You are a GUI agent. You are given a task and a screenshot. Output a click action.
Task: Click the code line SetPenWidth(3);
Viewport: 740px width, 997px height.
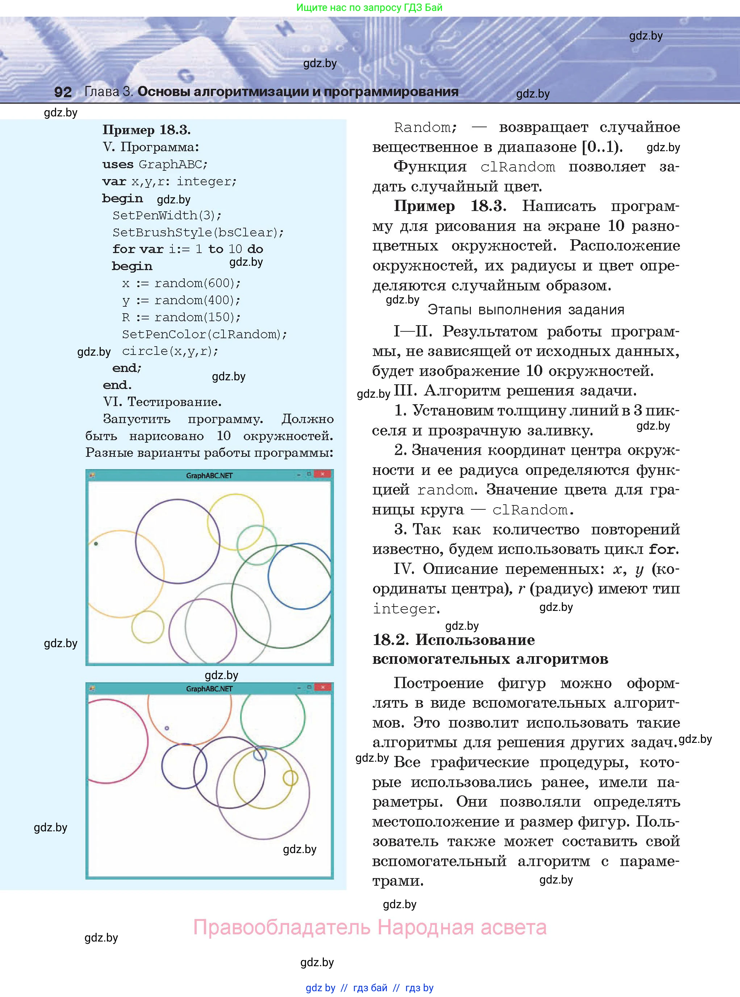[167, 216]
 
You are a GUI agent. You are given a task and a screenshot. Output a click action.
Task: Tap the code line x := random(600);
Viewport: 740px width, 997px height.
[181, 283]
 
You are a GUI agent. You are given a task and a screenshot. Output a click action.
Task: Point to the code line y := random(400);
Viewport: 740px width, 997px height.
[181, 300]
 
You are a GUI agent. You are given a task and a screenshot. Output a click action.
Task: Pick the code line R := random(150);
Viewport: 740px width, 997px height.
[181, 317]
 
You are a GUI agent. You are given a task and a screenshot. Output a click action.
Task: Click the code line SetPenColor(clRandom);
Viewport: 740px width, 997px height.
[204, 334]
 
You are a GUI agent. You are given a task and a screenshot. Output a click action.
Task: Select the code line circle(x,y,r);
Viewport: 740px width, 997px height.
[170, 351]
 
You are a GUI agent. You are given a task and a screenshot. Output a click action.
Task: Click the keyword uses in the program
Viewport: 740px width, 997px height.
[118, 165]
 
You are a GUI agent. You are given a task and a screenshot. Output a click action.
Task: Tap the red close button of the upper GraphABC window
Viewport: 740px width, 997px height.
[322, 474]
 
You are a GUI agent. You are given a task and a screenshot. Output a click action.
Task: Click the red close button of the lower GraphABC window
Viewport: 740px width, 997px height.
[322, 687]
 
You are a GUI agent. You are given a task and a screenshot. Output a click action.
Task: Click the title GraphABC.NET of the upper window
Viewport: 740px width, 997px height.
[209, 476]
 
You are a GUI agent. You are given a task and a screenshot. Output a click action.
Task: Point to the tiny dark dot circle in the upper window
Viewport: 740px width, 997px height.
[96, 544]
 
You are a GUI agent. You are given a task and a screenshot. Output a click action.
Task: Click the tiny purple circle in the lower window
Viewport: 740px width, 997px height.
[167, 728]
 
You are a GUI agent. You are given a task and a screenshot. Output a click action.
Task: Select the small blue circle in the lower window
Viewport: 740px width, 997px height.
[260, 754]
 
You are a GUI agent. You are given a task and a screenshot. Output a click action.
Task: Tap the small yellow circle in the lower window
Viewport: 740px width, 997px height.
[290, 778]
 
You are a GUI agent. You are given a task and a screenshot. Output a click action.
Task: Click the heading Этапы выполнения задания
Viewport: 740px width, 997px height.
[526, 310]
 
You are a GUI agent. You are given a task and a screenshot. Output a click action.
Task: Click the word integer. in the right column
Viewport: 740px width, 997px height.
[406, 609]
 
